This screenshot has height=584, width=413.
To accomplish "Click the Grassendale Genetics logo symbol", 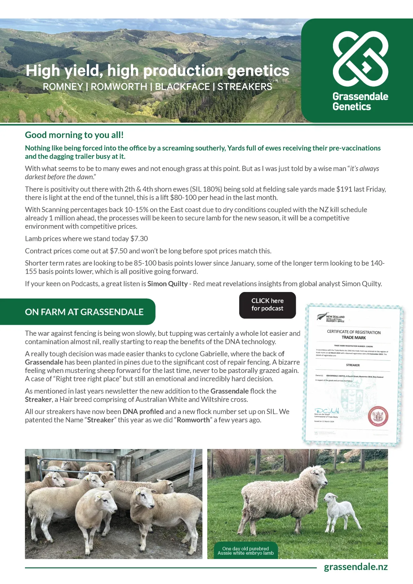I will click(x=360, y=59).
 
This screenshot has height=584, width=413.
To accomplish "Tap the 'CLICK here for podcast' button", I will click(x=267, y=305).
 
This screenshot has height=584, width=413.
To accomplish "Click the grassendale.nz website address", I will click(x=355, y=567).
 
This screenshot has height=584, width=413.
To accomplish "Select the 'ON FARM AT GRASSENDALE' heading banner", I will click(x=84, y=312).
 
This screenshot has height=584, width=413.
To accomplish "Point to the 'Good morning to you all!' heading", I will click(x=74, y=135).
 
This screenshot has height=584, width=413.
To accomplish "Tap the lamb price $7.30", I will click(x=139, y=238).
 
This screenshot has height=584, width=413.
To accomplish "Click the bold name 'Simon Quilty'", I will click(x=167, y=284).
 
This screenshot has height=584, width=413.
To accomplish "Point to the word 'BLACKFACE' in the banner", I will click(x=182, y=87).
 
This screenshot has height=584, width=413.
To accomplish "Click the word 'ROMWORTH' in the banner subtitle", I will click(x=119, y=87).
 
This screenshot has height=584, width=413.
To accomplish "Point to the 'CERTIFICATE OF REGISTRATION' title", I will click(x=354, y=332).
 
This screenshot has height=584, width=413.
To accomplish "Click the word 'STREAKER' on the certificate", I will click(x=353, y=365).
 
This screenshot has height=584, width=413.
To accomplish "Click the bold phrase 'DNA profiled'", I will click(x=143, y=412).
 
